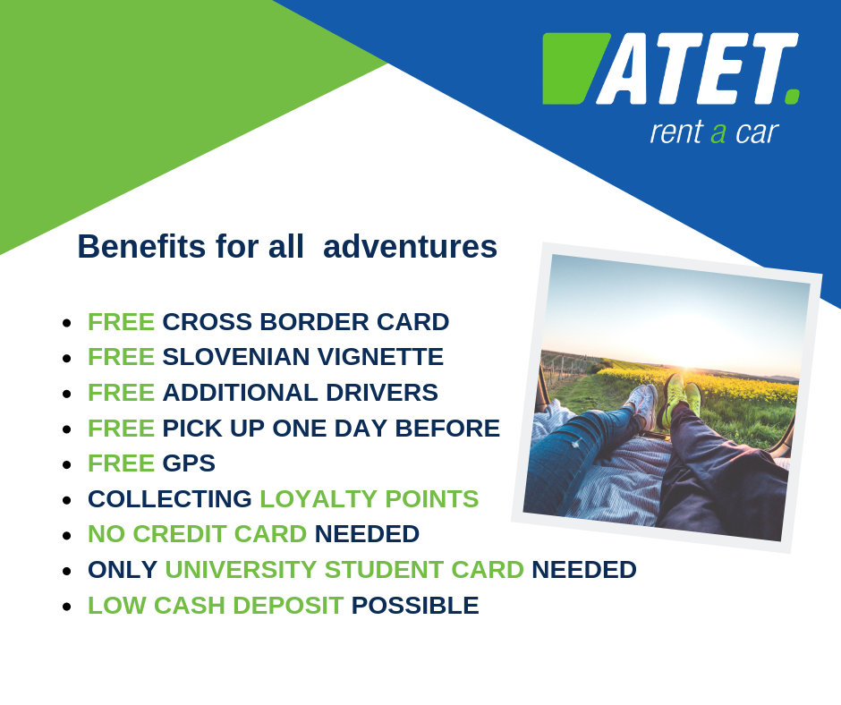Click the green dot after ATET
(x=792, y=98)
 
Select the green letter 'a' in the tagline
(x=718, y=133)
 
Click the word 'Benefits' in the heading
(x=141, y=247)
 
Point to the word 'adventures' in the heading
(x=411, y=247)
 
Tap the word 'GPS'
(x=189, y=463)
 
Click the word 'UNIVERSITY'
(x=241, y=570)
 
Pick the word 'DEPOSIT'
(x=288, y=606)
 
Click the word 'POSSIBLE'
(x=415, y=606)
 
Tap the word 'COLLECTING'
(x=169, y=499)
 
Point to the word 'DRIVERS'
(x=382, y=393)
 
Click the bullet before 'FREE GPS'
(x=67, y=464)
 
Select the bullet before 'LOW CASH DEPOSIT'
(x=67, y=607)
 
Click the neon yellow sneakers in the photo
(x=680, y=399)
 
